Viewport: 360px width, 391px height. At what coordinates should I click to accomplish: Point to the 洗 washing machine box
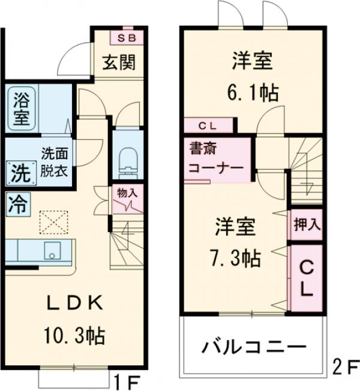[x=18, y=173]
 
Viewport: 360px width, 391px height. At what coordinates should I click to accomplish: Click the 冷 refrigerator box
[x=18, y=204]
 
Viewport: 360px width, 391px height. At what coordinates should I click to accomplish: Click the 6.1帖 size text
[x=252, y=92]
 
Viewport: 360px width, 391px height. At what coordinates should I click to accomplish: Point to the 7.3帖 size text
[x=235, y=258]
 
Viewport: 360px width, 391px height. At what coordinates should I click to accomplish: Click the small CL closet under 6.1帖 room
[x=208, y=125]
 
